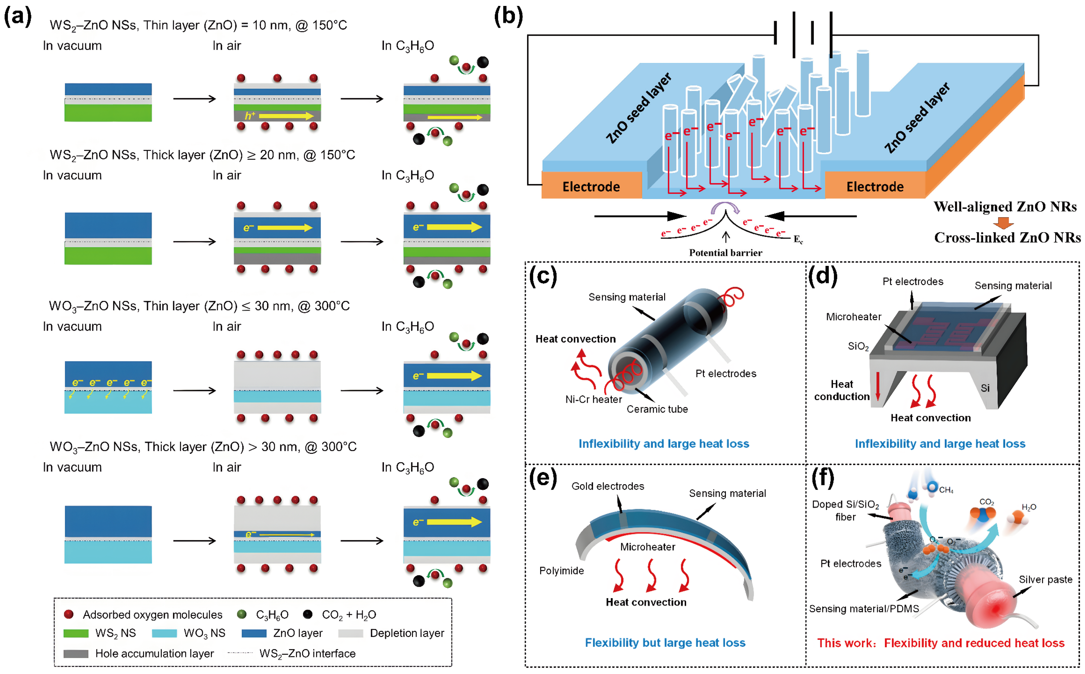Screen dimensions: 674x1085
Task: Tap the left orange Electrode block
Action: coord(591,186)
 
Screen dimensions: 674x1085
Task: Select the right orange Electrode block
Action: coord(875,186)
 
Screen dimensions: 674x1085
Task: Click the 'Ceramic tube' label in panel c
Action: coord(657,409)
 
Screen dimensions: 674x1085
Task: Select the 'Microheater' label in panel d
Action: coord(853,317)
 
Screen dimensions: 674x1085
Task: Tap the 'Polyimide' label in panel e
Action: coord(561,571)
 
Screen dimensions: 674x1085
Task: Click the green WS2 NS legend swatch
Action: coord(76,633)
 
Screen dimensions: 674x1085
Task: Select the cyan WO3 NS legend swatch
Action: coord(164,633)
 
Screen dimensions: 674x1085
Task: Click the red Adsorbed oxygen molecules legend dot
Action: coord(69,615)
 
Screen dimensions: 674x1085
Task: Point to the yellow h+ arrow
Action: coord(285,116)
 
